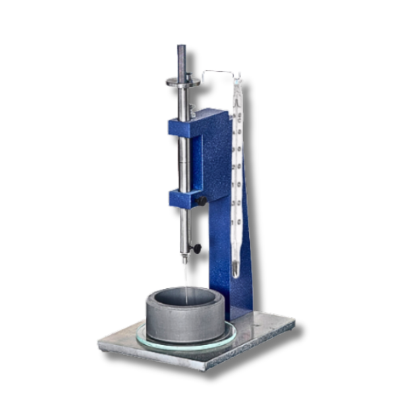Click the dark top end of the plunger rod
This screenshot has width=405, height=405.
tap(181, 53)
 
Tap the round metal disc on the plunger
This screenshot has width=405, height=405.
tap(183, 82)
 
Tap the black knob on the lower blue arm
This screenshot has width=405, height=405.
tap(201, 200)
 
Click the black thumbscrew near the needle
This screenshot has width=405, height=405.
tap(196, 248)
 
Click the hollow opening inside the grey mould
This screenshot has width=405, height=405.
tap(186, 297)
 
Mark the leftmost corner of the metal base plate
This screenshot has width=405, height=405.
tap(100, 346)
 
